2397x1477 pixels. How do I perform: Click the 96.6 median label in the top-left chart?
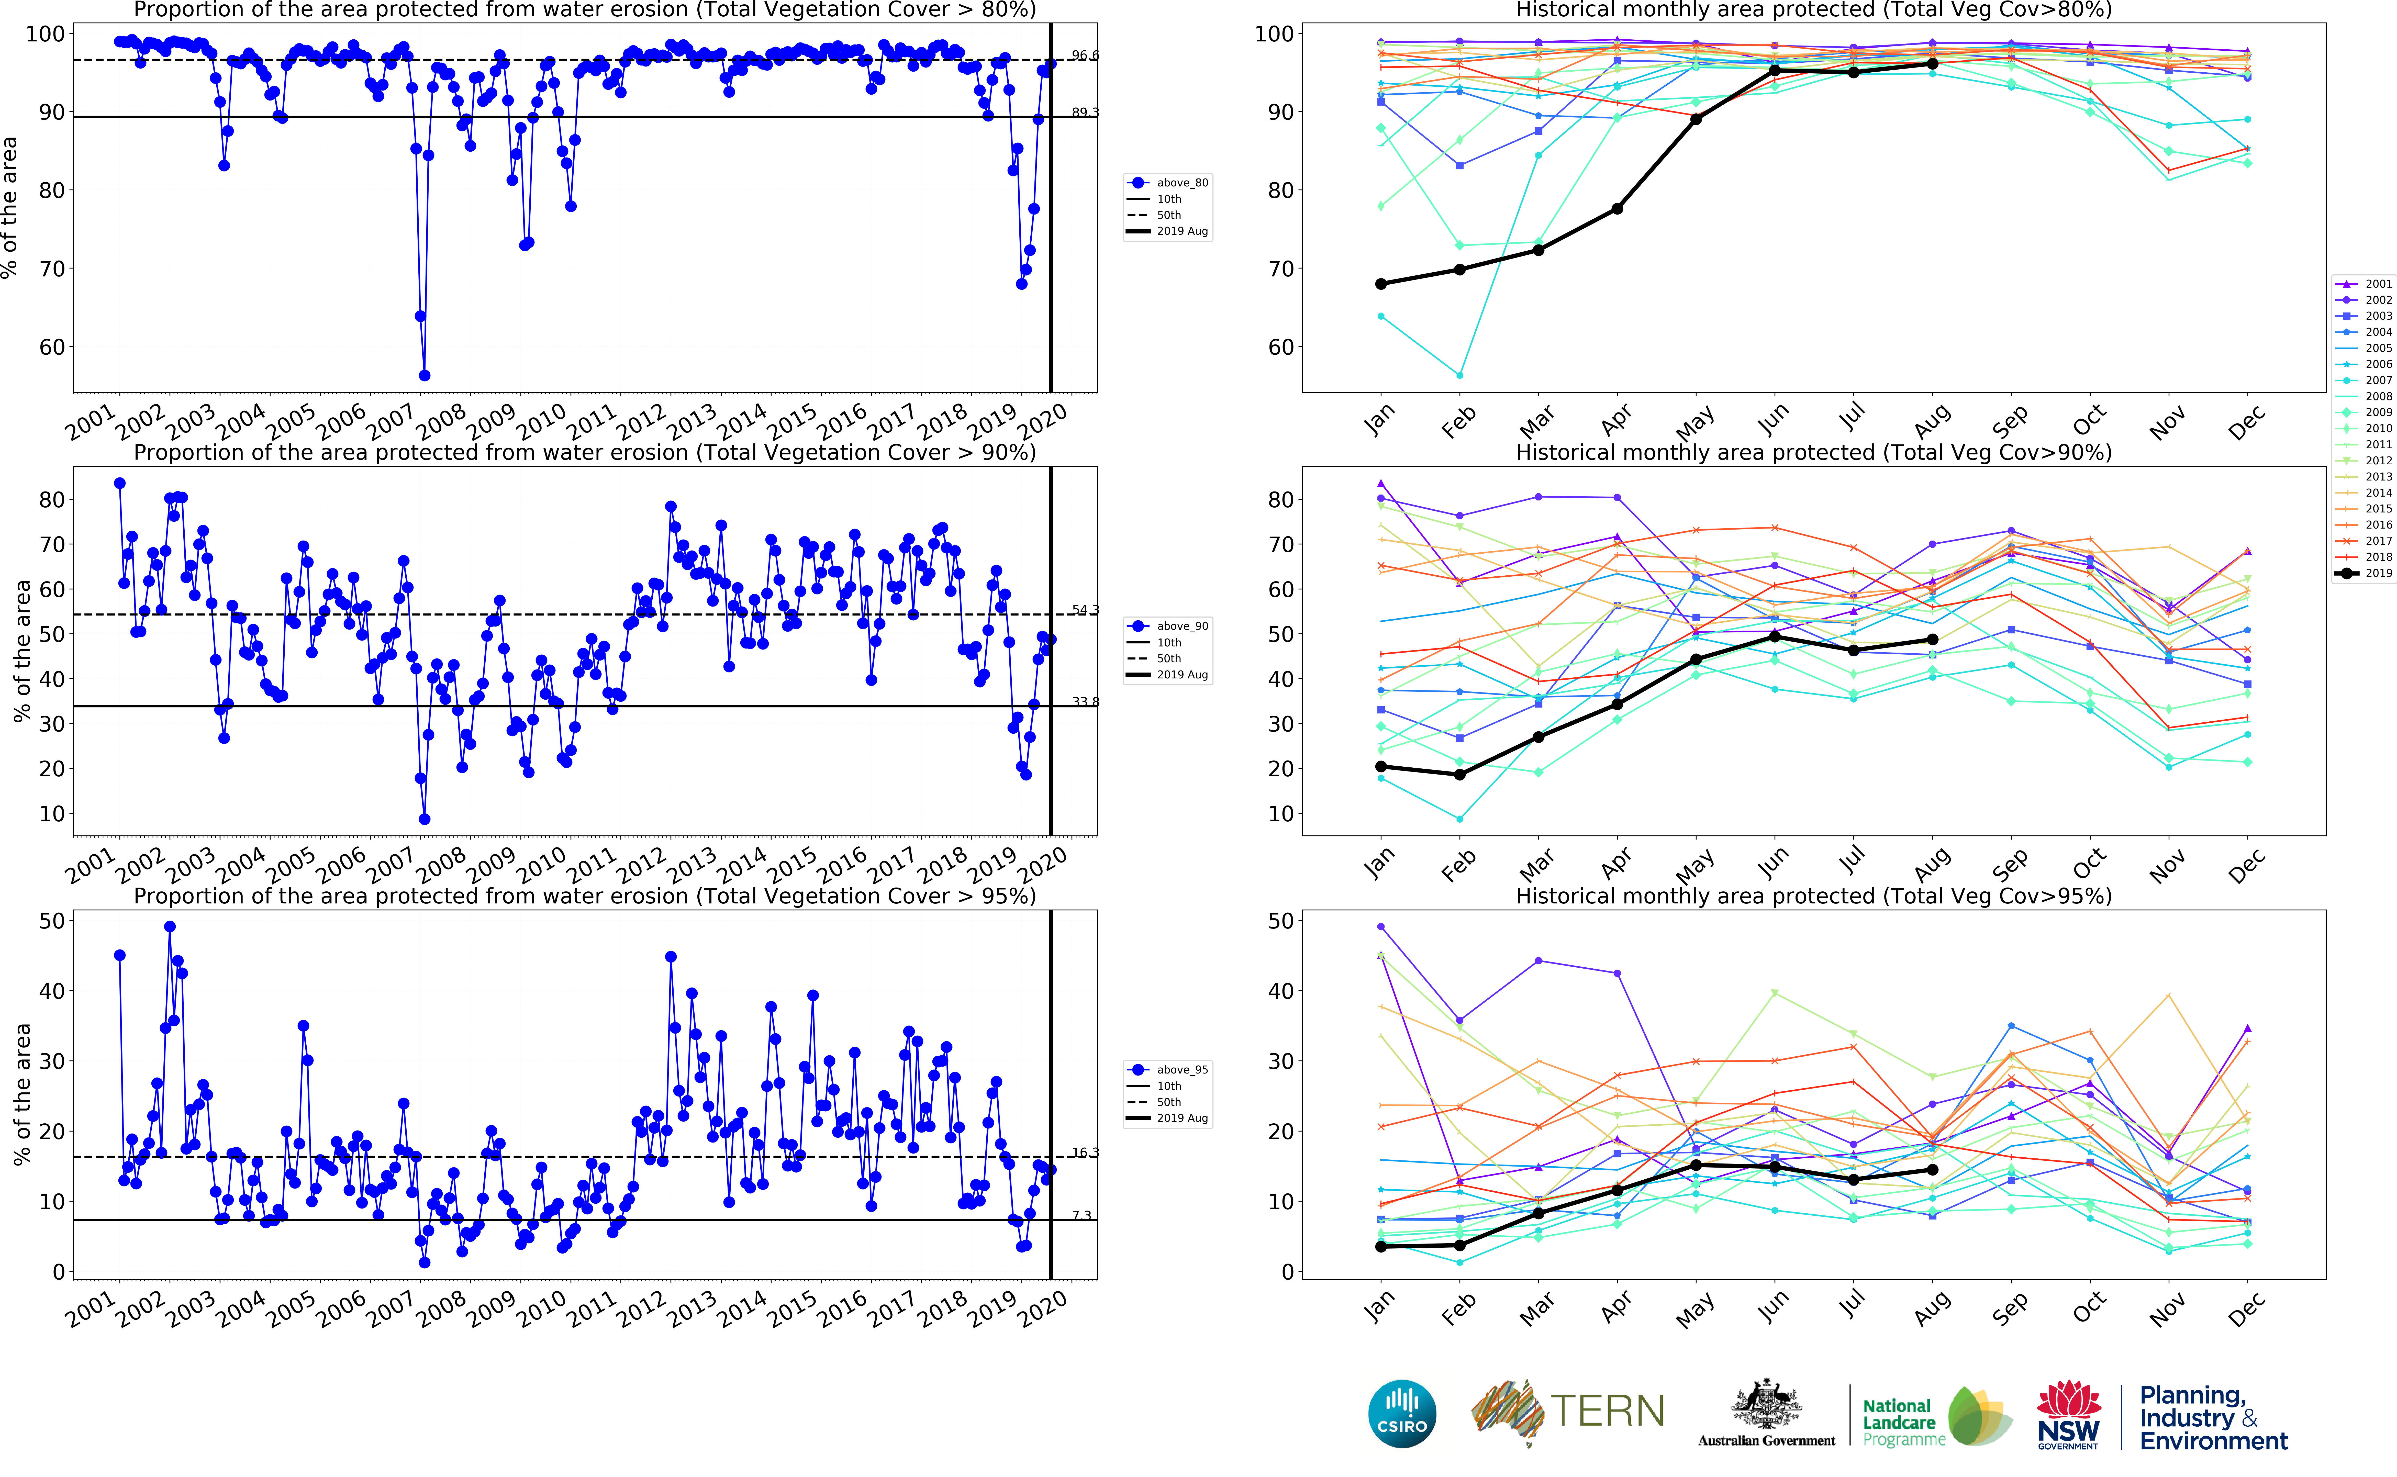pyautogui.click(x=1084, y=56)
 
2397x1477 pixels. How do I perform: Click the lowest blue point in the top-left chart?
pyautogui.click(x=424, y=375)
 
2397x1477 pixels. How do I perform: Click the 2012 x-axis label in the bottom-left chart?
pyautogui.click(x=641, y=1307)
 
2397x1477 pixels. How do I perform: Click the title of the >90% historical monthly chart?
pyautogui.click(x=1813, y=452)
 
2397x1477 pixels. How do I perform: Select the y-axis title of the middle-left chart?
pyautogui.click(x=21, y=651)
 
